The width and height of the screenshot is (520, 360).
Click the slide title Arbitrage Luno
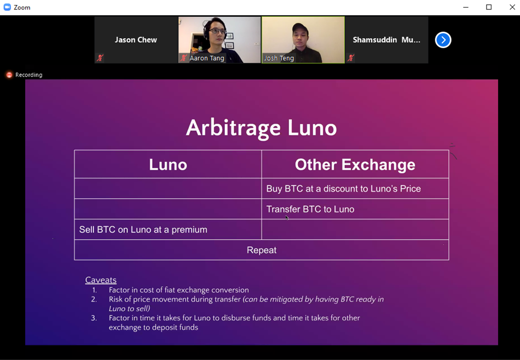point(261,128)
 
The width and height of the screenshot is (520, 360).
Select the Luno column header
point(168,165)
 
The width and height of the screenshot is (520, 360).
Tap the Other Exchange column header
point(355,165)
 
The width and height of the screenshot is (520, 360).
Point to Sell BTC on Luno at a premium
point(143,230)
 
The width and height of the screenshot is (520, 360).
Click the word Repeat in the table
point(261,250)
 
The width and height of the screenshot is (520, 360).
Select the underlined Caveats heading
point(101,280)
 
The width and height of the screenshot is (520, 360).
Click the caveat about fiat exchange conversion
point(178,290)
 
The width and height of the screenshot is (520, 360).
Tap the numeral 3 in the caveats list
point(94,318)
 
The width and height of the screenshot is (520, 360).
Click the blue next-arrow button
point(443,40)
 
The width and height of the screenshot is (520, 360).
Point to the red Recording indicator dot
point(9,75)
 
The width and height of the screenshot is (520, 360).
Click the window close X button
point(512,7)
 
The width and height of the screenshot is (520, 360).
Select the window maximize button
point(488,7)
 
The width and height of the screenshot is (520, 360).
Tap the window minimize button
point(466,7)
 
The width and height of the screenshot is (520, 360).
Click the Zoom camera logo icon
point(7,7)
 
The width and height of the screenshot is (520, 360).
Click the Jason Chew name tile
point(136,40)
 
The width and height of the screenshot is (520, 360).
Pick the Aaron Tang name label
point(206,59)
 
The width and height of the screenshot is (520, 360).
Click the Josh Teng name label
point(279,59)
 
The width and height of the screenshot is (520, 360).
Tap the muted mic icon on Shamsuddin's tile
point(351,58)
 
